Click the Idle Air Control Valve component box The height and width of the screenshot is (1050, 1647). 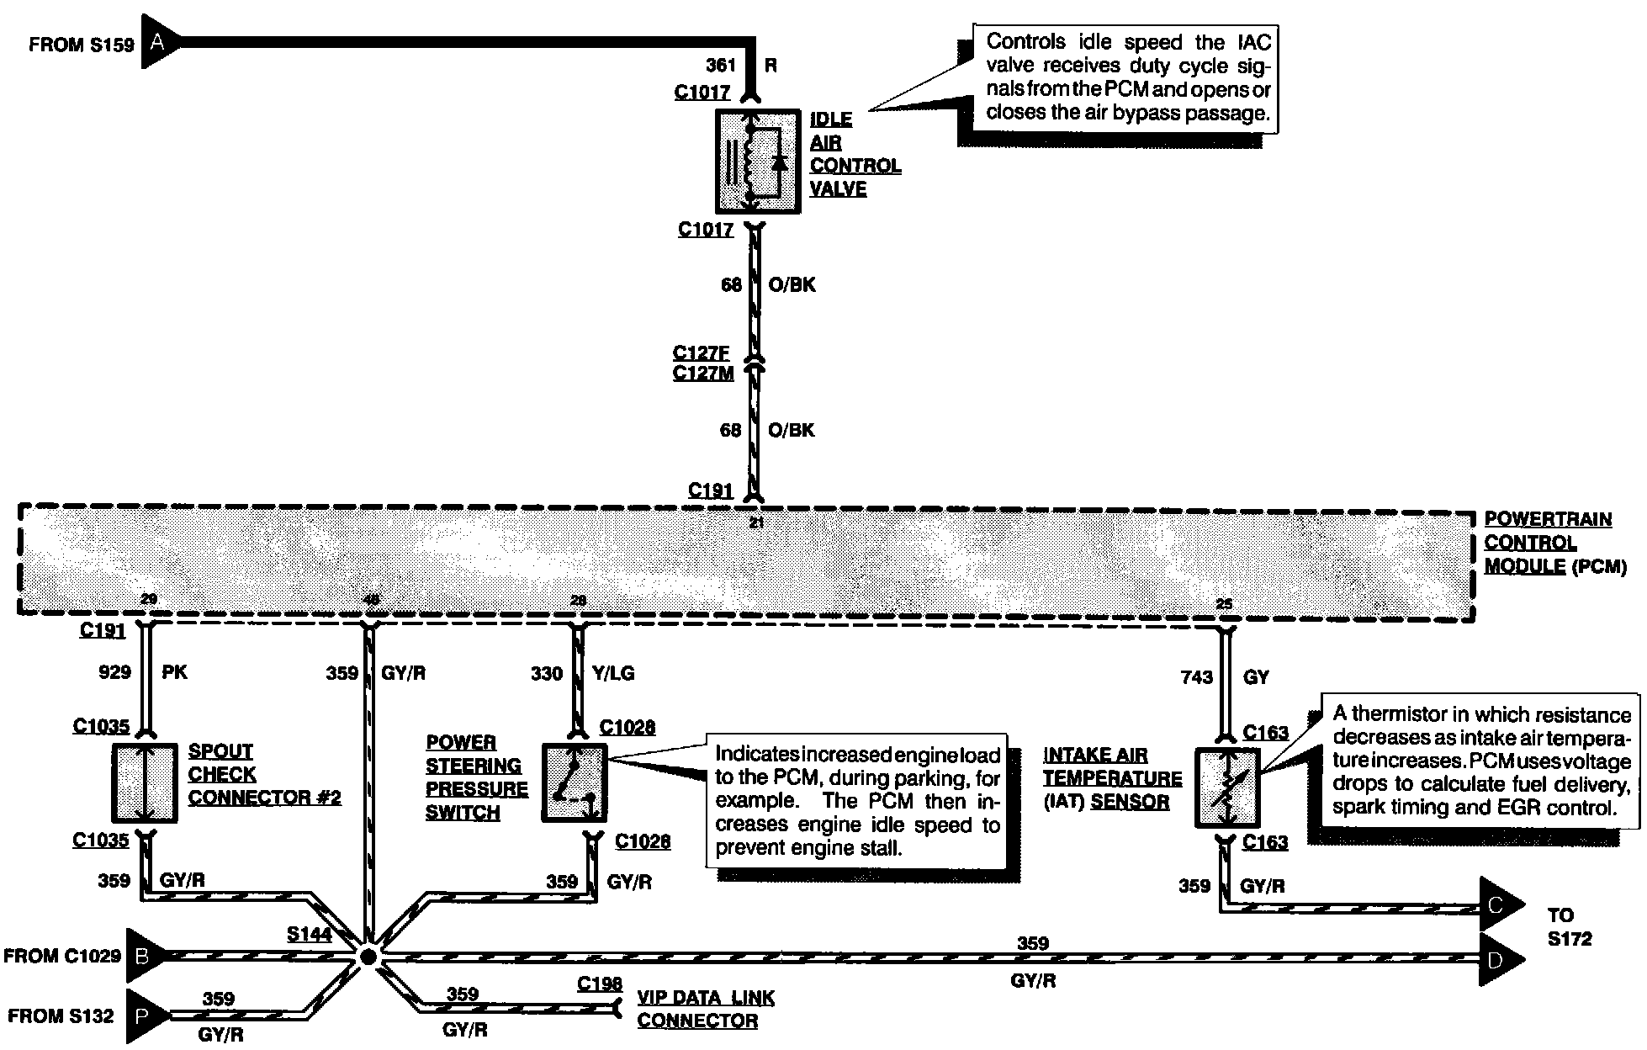tap(757, 161)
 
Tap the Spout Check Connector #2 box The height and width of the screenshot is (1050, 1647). tap(145, 783)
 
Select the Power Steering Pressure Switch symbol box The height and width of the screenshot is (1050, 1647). tap(575, 783)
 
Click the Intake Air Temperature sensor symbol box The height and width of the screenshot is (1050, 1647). tap(1228, 786)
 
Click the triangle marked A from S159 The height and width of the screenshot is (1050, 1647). tap(156, 41)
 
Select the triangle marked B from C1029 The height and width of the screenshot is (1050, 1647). tap(144, 956)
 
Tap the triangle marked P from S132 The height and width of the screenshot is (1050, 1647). tap(144, 1016)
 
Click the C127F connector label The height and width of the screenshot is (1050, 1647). tap(701, 353)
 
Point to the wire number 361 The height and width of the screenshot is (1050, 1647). tap(721, 66)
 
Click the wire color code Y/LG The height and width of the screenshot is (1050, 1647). tap(613, 673)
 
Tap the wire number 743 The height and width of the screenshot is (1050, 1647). tap(1197, 676)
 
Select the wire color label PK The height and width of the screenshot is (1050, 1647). tap(174, 671)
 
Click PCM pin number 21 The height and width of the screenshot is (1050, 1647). tap(756, 523)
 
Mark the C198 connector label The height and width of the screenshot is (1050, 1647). tap(600, 984)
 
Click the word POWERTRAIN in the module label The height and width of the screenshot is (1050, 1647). tap(1548, 519)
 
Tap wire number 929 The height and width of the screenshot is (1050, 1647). tap(114, 671)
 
